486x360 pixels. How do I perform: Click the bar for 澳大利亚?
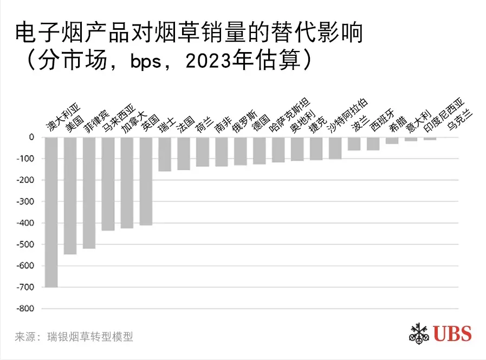(51, 212)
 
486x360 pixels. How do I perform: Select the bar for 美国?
(70, 196)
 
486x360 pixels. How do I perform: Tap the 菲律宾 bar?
(89, 193)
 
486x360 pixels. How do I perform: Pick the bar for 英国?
(146, 181)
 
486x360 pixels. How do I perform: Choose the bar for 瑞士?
(165, 155)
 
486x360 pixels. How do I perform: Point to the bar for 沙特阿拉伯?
(335, 148)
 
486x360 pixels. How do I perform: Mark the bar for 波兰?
(354, 144)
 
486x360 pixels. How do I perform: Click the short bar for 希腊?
(392, 140)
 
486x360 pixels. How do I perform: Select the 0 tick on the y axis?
(31, 138)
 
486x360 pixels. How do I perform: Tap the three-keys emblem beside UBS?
(419, 333)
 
